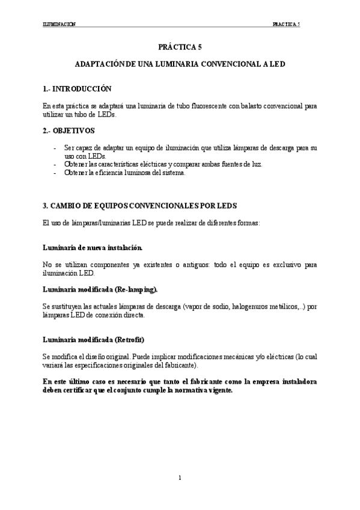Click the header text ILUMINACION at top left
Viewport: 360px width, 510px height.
click(59, 25)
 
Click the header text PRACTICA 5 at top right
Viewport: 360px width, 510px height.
click(286, 25)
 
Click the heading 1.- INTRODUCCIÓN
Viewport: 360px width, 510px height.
click(78, 88)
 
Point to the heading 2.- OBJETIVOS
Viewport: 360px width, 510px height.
click(69, 130)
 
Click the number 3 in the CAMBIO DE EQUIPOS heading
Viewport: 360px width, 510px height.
click(45, 206)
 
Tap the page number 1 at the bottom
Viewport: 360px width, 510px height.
click(180, 478)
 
